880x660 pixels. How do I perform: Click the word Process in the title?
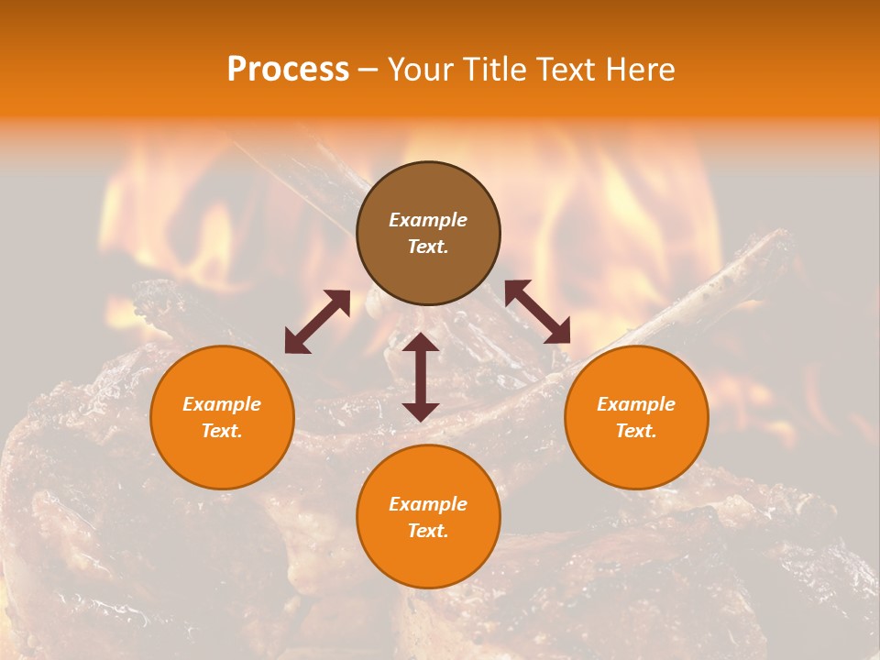(x=288, y=70)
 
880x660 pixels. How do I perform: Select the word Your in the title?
(x=417, y=70)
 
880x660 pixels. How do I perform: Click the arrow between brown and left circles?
(x=317, y=322)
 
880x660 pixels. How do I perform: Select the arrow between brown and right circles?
(x=537, y=312)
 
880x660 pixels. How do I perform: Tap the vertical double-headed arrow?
(x=421, y=377)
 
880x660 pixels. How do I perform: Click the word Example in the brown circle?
(x=428, y=220)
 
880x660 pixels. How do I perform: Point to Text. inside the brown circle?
(x=428, y=247)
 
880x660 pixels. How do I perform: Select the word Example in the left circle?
(x=222, y=404)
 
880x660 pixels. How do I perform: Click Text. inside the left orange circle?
(x=222, y=431)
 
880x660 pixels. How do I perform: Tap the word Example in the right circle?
(x=636, y=404)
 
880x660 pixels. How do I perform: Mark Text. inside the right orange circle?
(x=636, y=431)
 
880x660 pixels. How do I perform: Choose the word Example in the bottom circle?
(x=428, y=504)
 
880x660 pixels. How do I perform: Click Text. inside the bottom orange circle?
(x=428, y=531)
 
